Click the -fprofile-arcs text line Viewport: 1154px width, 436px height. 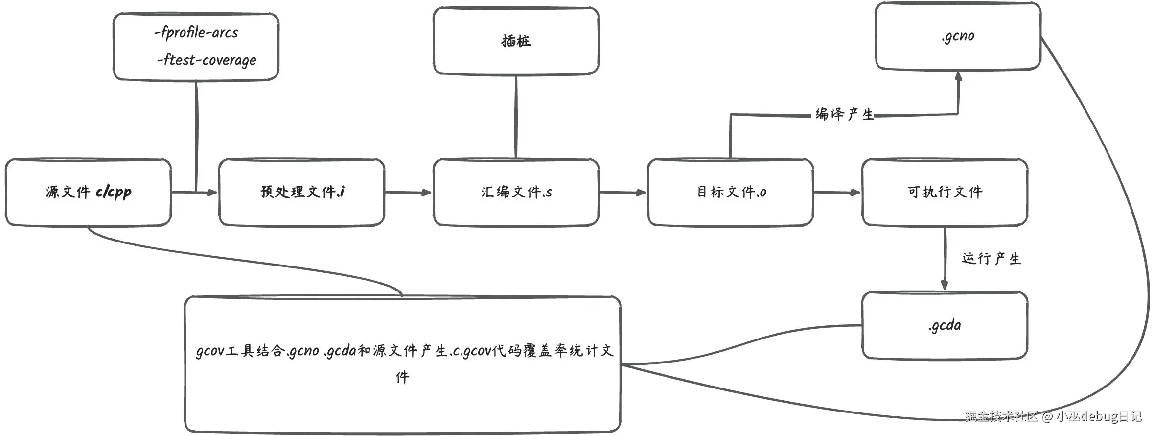tap(196, 32)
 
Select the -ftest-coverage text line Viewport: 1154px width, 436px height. tap(207, 60)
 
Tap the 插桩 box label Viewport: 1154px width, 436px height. tap(516, 41)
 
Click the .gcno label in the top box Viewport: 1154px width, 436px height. tap(958, 36)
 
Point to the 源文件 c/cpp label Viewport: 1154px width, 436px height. tap(89, 192)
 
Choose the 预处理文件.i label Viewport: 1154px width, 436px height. tap(302, 192)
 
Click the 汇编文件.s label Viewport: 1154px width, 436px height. tap(516, 192)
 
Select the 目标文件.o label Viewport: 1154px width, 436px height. tap(731, 192)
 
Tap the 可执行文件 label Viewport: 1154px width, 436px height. tap(945, 192)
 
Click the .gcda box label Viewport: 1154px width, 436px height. tap(945, 325)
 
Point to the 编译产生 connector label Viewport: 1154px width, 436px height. tap(844, 114)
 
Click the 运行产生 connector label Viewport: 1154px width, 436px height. tap(991, 258)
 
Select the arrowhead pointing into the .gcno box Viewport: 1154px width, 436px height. tap(958, 76)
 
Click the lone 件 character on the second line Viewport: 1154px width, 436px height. tap(402, 377)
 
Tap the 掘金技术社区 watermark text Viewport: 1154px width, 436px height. tap(1001, 416)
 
